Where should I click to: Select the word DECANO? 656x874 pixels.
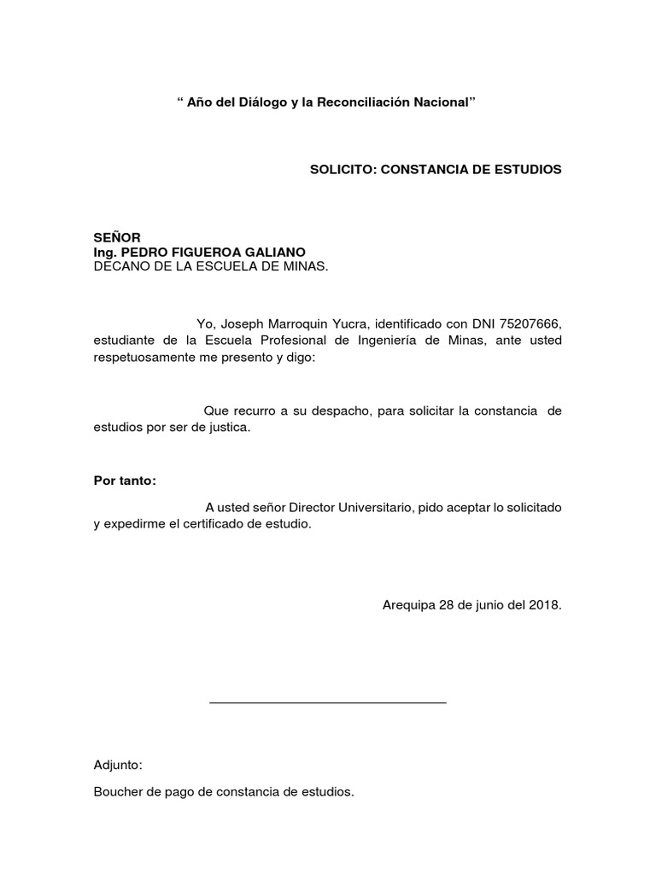pyautogui.click(x=119, y=266)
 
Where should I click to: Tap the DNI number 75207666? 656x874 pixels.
pyautogui.click(x=532, y=324)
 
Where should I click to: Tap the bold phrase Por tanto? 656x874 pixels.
pyautogui.click(x=125, y=481)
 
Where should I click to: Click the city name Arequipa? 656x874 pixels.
pyautogui.click(x=408, y=605)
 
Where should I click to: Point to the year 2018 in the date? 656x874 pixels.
pyautogui.click(x=544, y=605)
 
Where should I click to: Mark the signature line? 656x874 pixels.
pyautogui.click(x=328, y=702)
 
